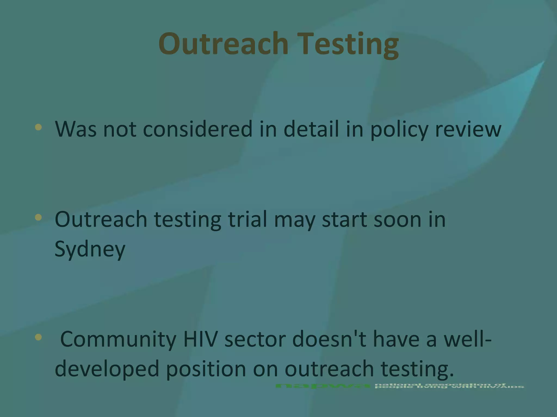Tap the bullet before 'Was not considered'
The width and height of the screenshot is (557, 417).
point(39,127)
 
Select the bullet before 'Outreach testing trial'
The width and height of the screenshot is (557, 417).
point(39,217)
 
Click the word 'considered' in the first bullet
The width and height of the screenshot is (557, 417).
point(198,129)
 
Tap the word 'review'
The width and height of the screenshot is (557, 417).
point(468,129)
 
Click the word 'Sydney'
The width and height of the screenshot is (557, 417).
point(90,249)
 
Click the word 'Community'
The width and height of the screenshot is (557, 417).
point(118,339)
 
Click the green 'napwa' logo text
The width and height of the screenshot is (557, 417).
point(323,386)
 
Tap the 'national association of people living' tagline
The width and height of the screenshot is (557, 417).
point(449,386)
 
